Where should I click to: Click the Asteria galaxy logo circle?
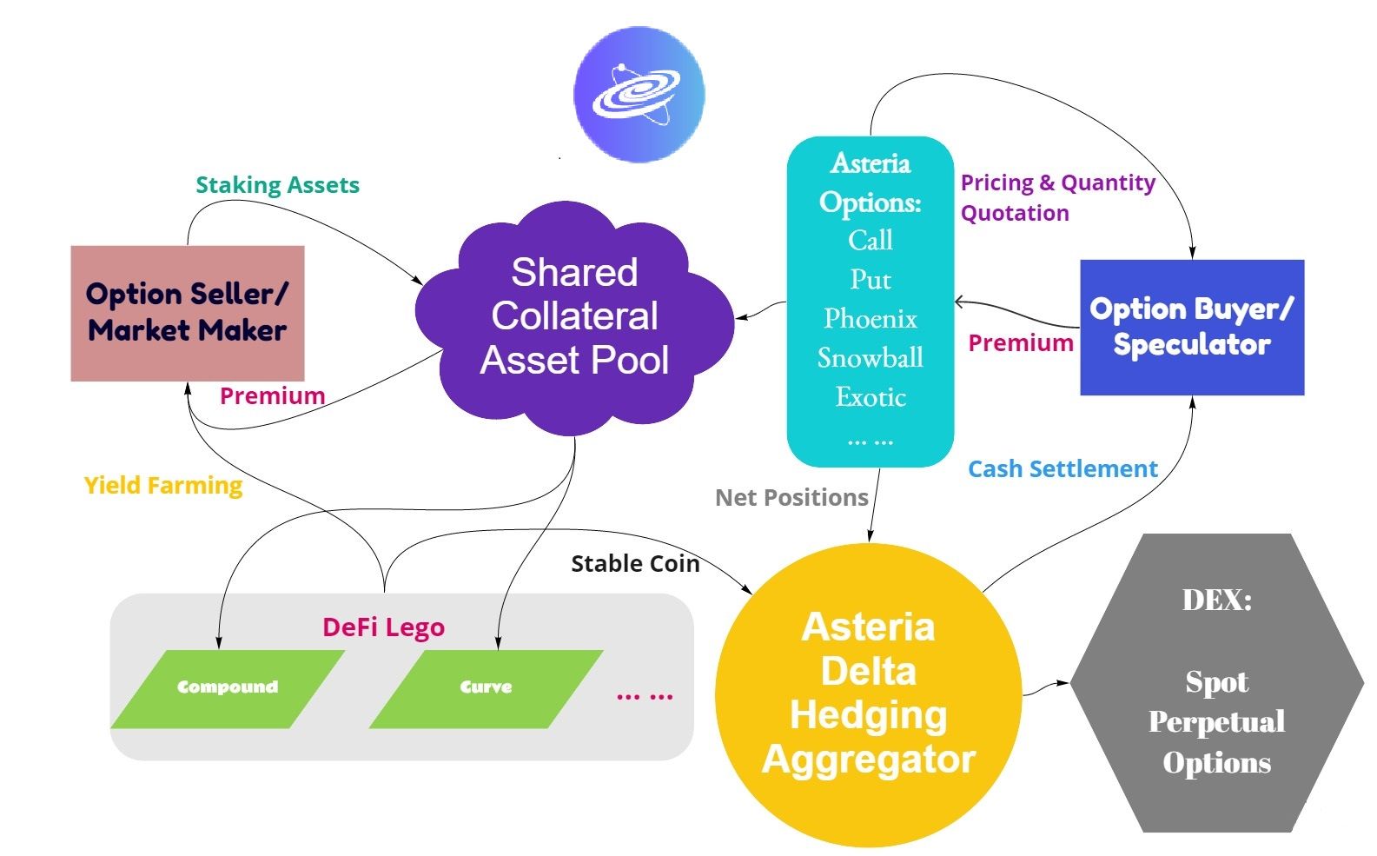[639, 94]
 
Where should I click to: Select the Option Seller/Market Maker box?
[188, 313]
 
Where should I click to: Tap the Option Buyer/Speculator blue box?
[1192, 327]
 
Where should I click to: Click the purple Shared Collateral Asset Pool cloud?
[574, 316]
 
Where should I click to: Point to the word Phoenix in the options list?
[871, 319]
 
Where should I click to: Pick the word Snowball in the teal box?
[871, 358]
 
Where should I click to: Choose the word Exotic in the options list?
[871, 397]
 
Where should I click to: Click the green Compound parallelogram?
[228, 687]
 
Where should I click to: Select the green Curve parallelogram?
[486, 687]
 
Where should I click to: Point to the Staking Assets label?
[277, 185]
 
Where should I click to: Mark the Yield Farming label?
[163, 485]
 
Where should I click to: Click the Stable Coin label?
[635, 564]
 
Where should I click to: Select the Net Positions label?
[791, 497]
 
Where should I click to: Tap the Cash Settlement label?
[1063, 469]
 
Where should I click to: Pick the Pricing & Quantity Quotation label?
[1056, 197]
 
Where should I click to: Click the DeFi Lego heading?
[383, 627]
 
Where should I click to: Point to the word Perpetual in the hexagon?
[1216, 722]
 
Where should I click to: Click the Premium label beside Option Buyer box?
[1021, 343]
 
